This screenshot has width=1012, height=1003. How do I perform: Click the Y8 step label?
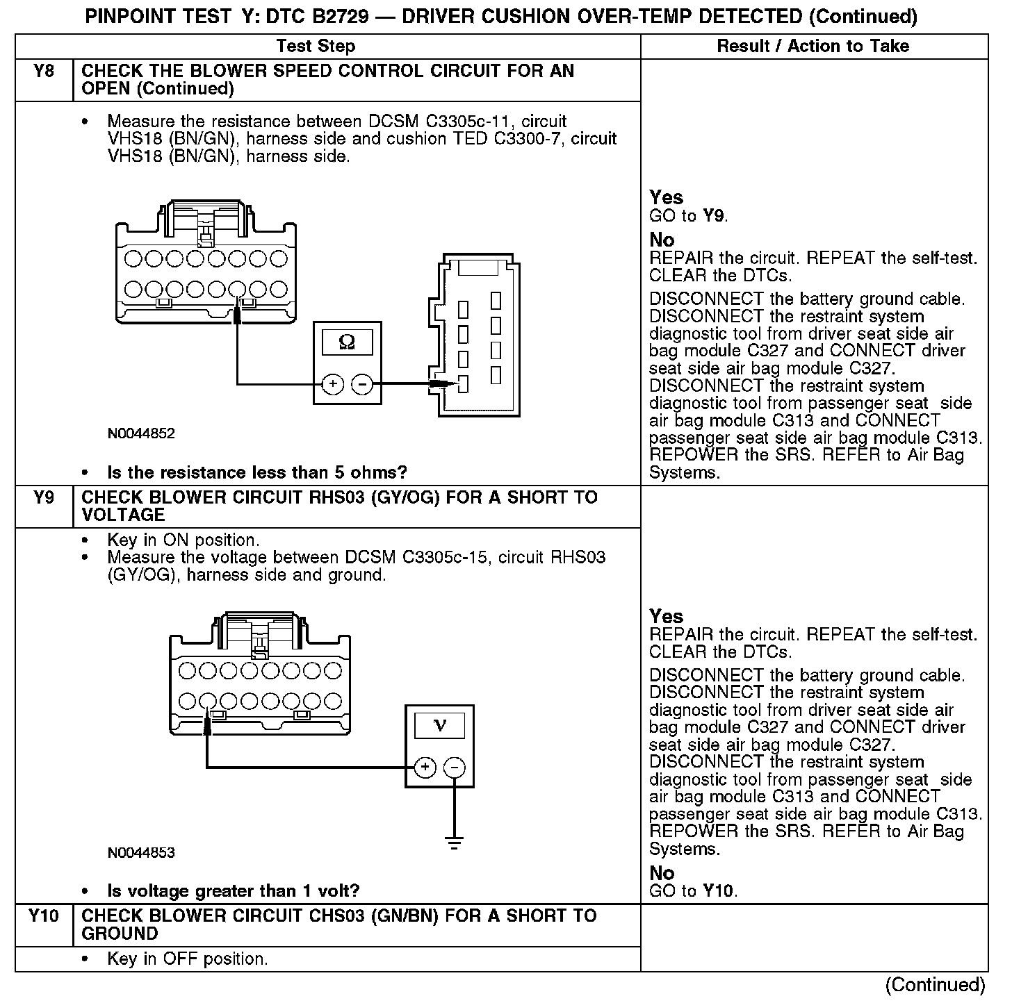click(x=44, y=72)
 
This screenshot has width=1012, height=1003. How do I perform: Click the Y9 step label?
click(x=44, y=498)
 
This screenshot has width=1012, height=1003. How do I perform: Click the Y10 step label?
click(x=44, y=916)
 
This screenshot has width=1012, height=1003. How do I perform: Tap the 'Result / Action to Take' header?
click(x=813, y=47)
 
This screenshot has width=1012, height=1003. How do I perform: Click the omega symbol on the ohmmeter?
click(x=347, y=342)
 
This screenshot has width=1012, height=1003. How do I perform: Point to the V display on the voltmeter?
click(x=439, y=726)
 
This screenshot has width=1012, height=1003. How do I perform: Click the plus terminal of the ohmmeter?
click(x=333, y=384)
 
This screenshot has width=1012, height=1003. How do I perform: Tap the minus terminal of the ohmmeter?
click(x=361, y=384)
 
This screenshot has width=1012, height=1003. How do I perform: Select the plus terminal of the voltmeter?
click(x=425, y=768)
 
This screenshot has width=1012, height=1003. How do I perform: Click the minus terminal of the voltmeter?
click(x=454, y=768)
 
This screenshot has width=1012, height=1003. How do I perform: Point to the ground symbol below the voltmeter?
click(x=454, y=845)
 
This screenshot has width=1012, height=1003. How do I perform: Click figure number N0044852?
click(x=141, y=434)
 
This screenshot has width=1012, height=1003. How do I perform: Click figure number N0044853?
click(x=141, y=853)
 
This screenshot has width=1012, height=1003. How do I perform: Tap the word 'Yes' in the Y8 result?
click(x=666, y=197)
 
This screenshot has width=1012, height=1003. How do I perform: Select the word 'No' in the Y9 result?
click(x=662, y=873)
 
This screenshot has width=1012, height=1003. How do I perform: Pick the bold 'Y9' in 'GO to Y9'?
click(x=714, y=216)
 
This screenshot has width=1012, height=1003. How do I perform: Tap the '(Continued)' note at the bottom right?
click(x=935, y=985)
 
